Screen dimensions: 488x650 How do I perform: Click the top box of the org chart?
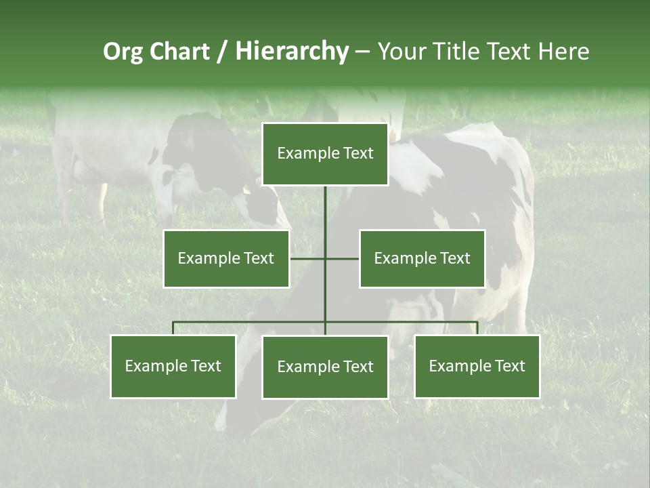click(x=325, y=154)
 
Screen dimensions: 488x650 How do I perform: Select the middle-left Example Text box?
click(x=226, y=258)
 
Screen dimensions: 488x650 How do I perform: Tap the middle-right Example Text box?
click(x=422, y=258)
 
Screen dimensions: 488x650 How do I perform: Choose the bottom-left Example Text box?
click(x=173, y=367)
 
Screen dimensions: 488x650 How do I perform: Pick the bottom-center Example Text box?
click(x=325, y=367)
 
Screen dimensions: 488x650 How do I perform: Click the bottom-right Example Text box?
click(x=477, y=367)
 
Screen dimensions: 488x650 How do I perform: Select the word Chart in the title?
click(x=179, y=52)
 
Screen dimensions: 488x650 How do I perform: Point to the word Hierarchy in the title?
click(x=292, y=52)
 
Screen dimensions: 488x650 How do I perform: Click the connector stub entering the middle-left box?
click(x=307, y=258)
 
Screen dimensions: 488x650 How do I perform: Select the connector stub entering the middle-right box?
click(x=343, y=258)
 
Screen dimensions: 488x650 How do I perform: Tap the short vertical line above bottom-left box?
click(x=173, y=328)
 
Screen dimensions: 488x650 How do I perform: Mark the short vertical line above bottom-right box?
click(x=477, y=328)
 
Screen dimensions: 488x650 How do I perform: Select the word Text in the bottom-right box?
click(x=509, y=367)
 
